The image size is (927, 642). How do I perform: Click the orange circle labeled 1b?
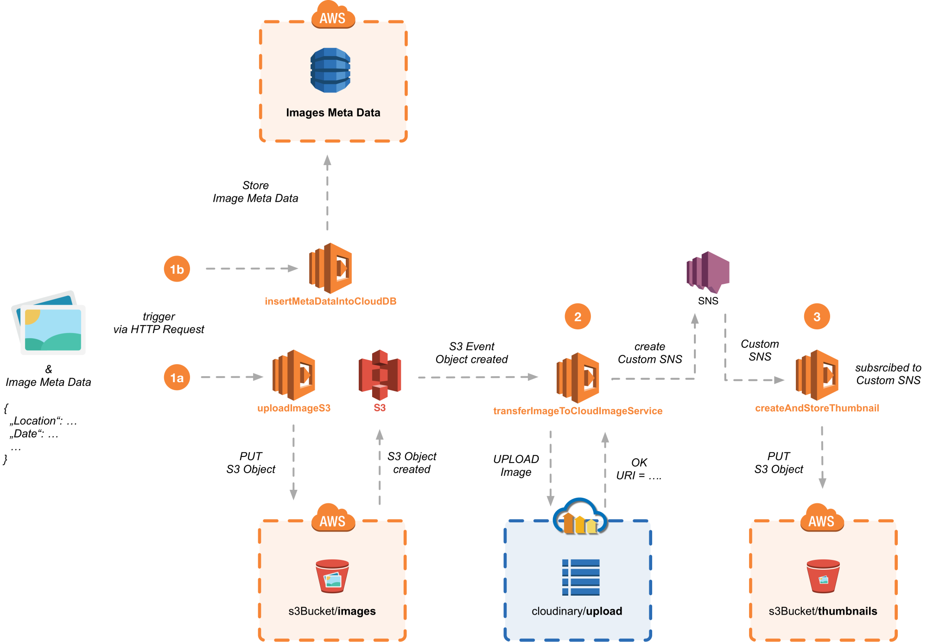[x=177, y=269]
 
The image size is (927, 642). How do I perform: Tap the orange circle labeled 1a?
[x=177, y=378]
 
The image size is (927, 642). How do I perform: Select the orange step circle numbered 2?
[x=578, y=317]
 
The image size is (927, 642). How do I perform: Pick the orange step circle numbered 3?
[x=817, y=317]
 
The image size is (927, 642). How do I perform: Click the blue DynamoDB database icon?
[x=330, y=70]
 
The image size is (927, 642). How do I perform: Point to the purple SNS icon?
[x=708, y=272]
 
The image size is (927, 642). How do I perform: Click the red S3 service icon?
[x=380, y=375]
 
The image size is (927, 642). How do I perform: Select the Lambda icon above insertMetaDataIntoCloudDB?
[x=330, y=268]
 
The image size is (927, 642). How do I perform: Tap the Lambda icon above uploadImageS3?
[x=294, y=375]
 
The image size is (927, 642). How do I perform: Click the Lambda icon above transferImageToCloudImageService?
[x=578, y=378]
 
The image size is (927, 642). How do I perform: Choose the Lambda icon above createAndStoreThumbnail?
[x=817, y=375]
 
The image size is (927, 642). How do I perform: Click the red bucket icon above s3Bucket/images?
[x=332, y=576]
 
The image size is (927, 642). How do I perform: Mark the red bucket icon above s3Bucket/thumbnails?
[x=823, y=576]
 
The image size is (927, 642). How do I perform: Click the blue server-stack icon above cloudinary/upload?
[x=581, y=577]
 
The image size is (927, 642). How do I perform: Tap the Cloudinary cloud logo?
[x=580, y=517]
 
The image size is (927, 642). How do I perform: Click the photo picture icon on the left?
[x=49, y=324]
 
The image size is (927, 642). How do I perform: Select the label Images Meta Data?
[x=333, y=113]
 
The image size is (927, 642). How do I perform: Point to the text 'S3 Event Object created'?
[x=471, y=353]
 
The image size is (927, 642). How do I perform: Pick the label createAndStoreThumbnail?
[x=817, y=408]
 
